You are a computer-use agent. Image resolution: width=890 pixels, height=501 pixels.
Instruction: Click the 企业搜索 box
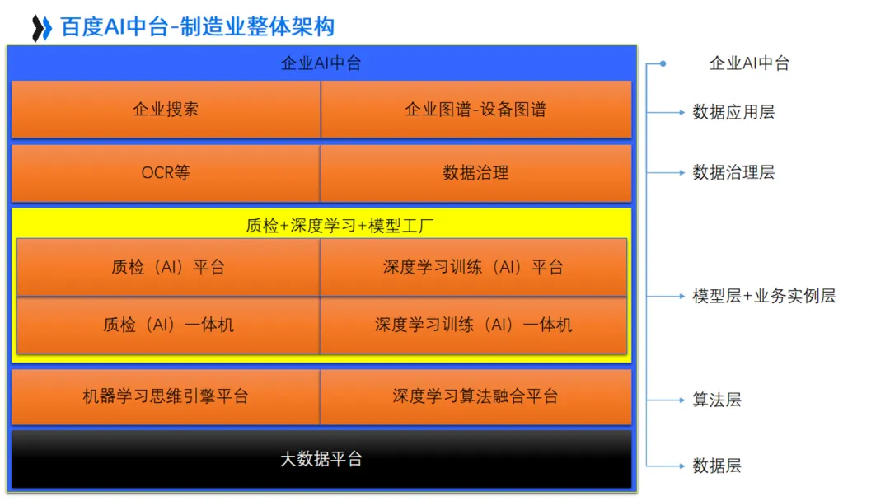[166, 110]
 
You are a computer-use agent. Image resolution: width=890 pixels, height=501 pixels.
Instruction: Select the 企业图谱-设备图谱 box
[475, 110]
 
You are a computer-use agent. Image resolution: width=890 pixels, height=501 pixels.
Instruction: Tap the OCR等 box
[166, 173]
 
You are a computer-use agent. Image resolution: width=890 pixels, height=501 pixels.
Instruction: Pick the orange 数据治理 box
[475, 173]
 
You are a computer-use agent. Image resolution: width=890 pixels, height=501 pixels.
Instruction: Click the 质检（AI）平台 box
[168, 268]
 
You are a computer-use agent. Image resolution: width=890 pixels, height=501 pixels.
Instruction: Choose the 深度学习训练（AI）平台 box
[473, 268]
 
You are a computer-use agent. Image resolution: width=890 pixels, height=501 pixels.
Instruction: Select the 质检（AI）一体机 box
[168, 325]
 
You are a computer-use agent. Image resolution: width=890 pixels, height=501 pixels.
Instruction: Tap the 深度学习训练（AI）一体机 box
[473, 325]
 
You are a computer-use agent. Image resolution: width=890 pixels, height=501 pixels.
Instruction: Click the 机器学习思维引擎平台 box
[166, 396]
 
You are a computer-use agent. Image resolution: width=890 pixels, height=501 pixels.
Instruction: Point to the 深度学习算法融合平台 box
[475, 396]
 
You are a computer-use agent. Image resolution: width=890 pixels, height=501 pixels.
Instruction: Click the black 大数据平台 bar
[321, 459]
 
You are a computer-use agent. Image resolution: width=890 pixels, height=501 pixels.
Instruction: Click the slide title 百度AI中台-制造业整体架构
[198, 27]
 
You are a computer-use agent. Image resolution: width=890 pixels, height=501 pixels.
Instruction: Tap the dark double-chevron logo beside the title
[41, 28]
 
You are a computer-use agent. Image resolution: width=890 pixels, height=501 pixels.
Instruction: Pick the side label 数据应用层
[733, 112]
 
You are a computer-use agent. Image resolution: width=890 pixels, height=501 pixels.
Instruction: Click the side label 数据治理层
[733, 172]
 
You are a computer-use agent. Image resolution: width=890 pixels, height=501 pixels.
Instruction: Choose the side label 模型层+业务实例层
[764, 296]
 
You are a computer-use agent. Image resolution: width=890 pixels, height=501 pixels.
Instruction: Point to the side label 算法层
[717, 400]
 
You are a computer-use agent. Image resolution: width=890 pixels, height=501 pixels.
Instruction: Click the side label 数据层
[717, 466]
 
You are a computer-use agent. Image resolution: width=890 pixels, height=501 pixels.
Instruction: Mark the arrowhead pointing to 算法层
[682, 400]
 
